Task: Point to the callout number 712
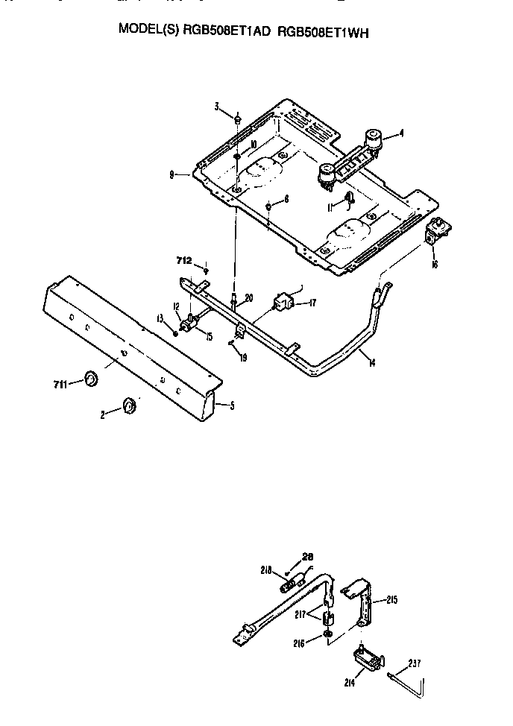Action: tap(184, 260)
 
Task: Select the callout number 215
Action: tap(393, 599)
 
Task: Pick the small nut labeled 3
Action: tap(237, 118)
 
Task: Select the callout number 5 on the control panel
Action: tap(232, 406)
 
